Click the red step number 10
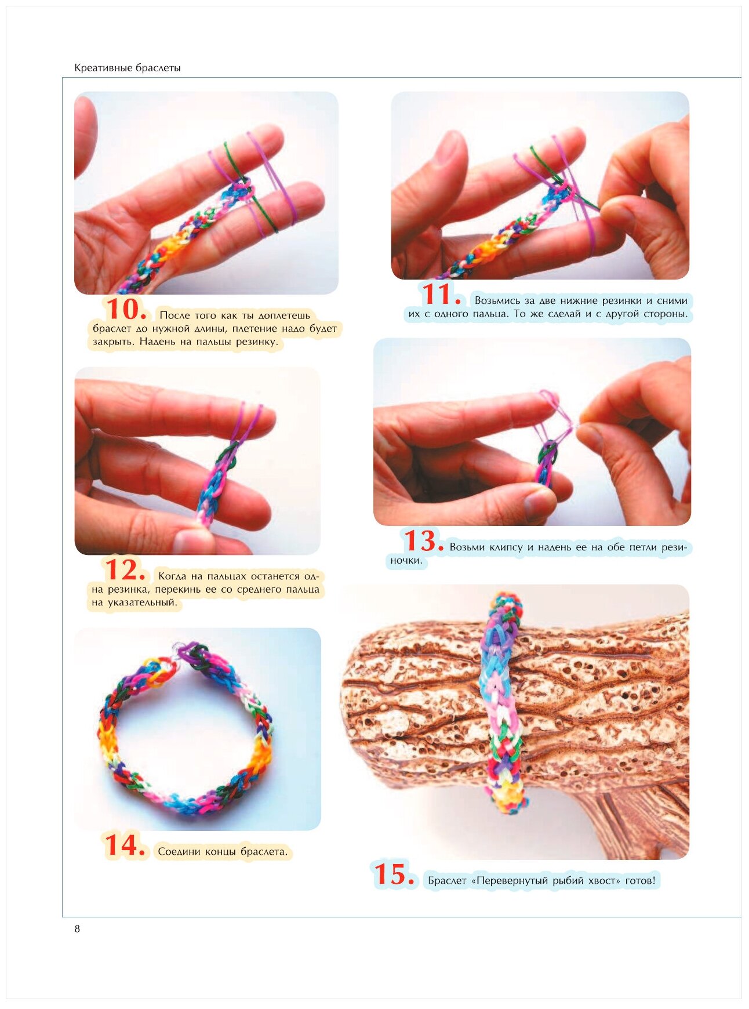(x=126, y=309)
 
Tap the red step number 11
(x=441, y=295)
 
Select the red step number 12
(x=125, y=570)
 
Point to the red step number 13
(x=424, y=541)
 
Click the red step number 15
(x=394, y=874)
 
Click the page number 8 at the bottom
(x=77, y=928)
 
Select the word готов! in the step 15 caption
(x=640, y=881)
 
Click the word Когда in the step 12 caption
(x=172, y=576)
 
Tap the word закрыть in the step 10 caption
(x=113, y=342)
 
